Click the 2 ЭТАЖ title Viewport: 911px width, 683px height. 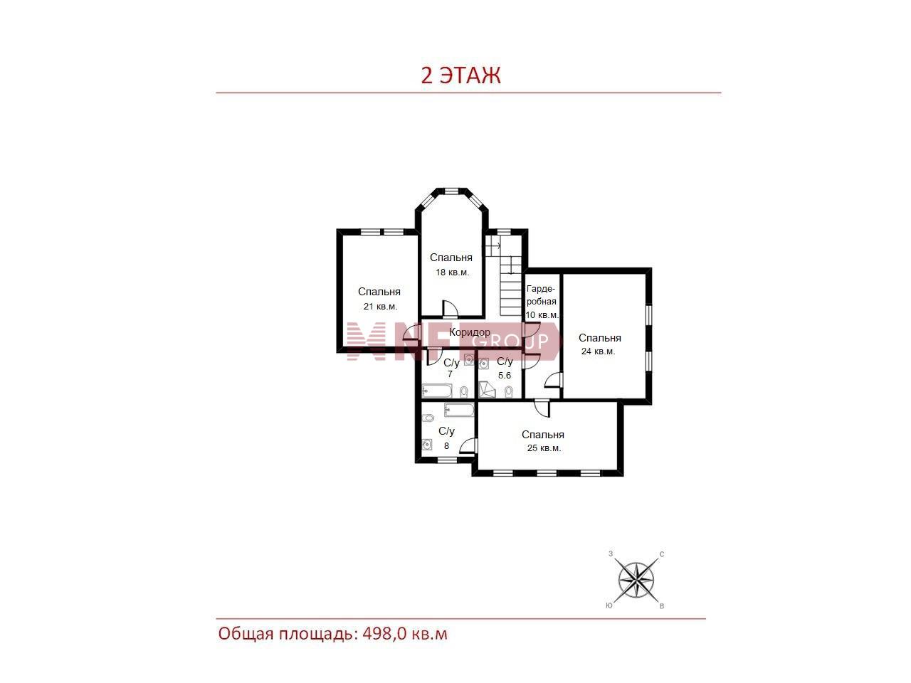point(460,75)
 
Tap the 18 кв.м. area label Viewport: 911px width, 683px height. point(453,272)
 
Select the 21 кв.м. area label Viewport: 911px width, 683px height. point(380,307)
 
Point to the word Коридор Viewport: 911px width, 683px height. point(470,332)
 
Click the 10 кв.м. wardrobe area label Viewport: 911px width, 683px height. point(542,315)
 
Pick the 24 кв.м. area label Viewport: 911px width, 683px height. point(598,351)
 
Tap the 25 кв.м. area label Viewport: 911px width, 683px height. point(544,448)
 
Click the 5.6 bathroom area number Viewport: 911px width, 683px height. point(505,376)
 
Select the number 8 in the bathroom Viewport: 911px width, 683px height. point(446,446)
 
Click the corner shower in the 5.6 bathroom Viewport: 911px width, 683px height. point(487,390)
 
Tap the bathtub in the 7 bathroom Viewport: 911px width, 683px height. point(437,391)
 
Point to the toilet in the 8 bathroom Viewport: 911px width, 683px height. point(428,417)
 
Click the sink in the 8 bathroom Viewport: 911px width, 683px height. point(427,445)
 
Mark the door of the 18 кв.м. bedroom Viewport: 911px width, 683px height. point(450,309)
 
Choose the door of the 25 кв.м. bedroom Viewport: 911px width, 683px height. point(542,408)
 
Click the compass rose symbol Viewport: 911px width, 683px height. point(636,580)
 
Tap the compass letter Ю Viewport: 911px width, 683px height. point(609,605)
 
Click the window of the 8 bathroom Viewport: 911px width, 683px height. point(446,460)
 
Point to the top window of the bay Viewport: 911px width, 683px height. point(451,191)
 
